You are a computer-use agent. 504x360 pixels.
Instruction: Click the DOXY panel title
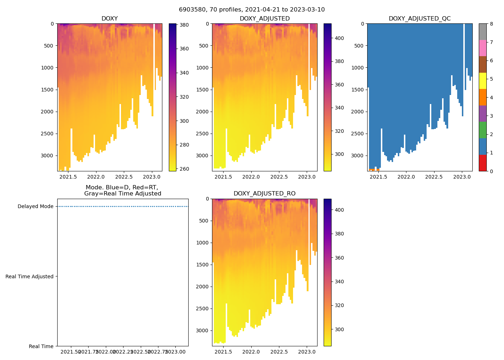click(x=109, y=19)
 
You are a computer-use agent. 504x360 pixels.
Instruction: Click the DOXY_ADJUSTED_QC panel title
click(x=419, y=19)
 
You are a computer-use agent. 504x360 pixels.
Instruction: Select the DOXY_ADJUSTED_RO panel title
click(x=265, y=194)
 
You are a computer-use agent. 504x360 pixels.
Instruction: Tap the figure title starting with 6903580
click(x=252, y=10)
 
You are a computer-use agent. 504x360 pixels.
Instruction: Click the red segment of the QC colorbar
click(x=482, y=163)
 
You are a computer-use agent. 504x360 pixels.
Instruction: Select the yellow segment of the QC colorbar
click(x=482, y=81)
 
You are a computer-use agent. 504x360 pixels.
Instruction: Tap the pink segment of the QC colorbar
click(x=482, y=48)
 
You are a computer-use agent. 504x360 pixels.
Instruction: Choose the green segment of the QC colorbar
click(x=482, y=130)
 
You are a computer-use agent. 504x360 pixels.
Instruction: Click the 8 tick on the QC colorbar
click(x=491, y=24)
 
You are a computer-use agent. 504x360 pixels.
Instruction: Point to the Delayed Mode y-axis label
click(x=35, y=207)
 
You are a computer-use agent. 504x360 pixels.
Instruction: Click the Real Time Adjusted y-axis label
click(x=30, y=276)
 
